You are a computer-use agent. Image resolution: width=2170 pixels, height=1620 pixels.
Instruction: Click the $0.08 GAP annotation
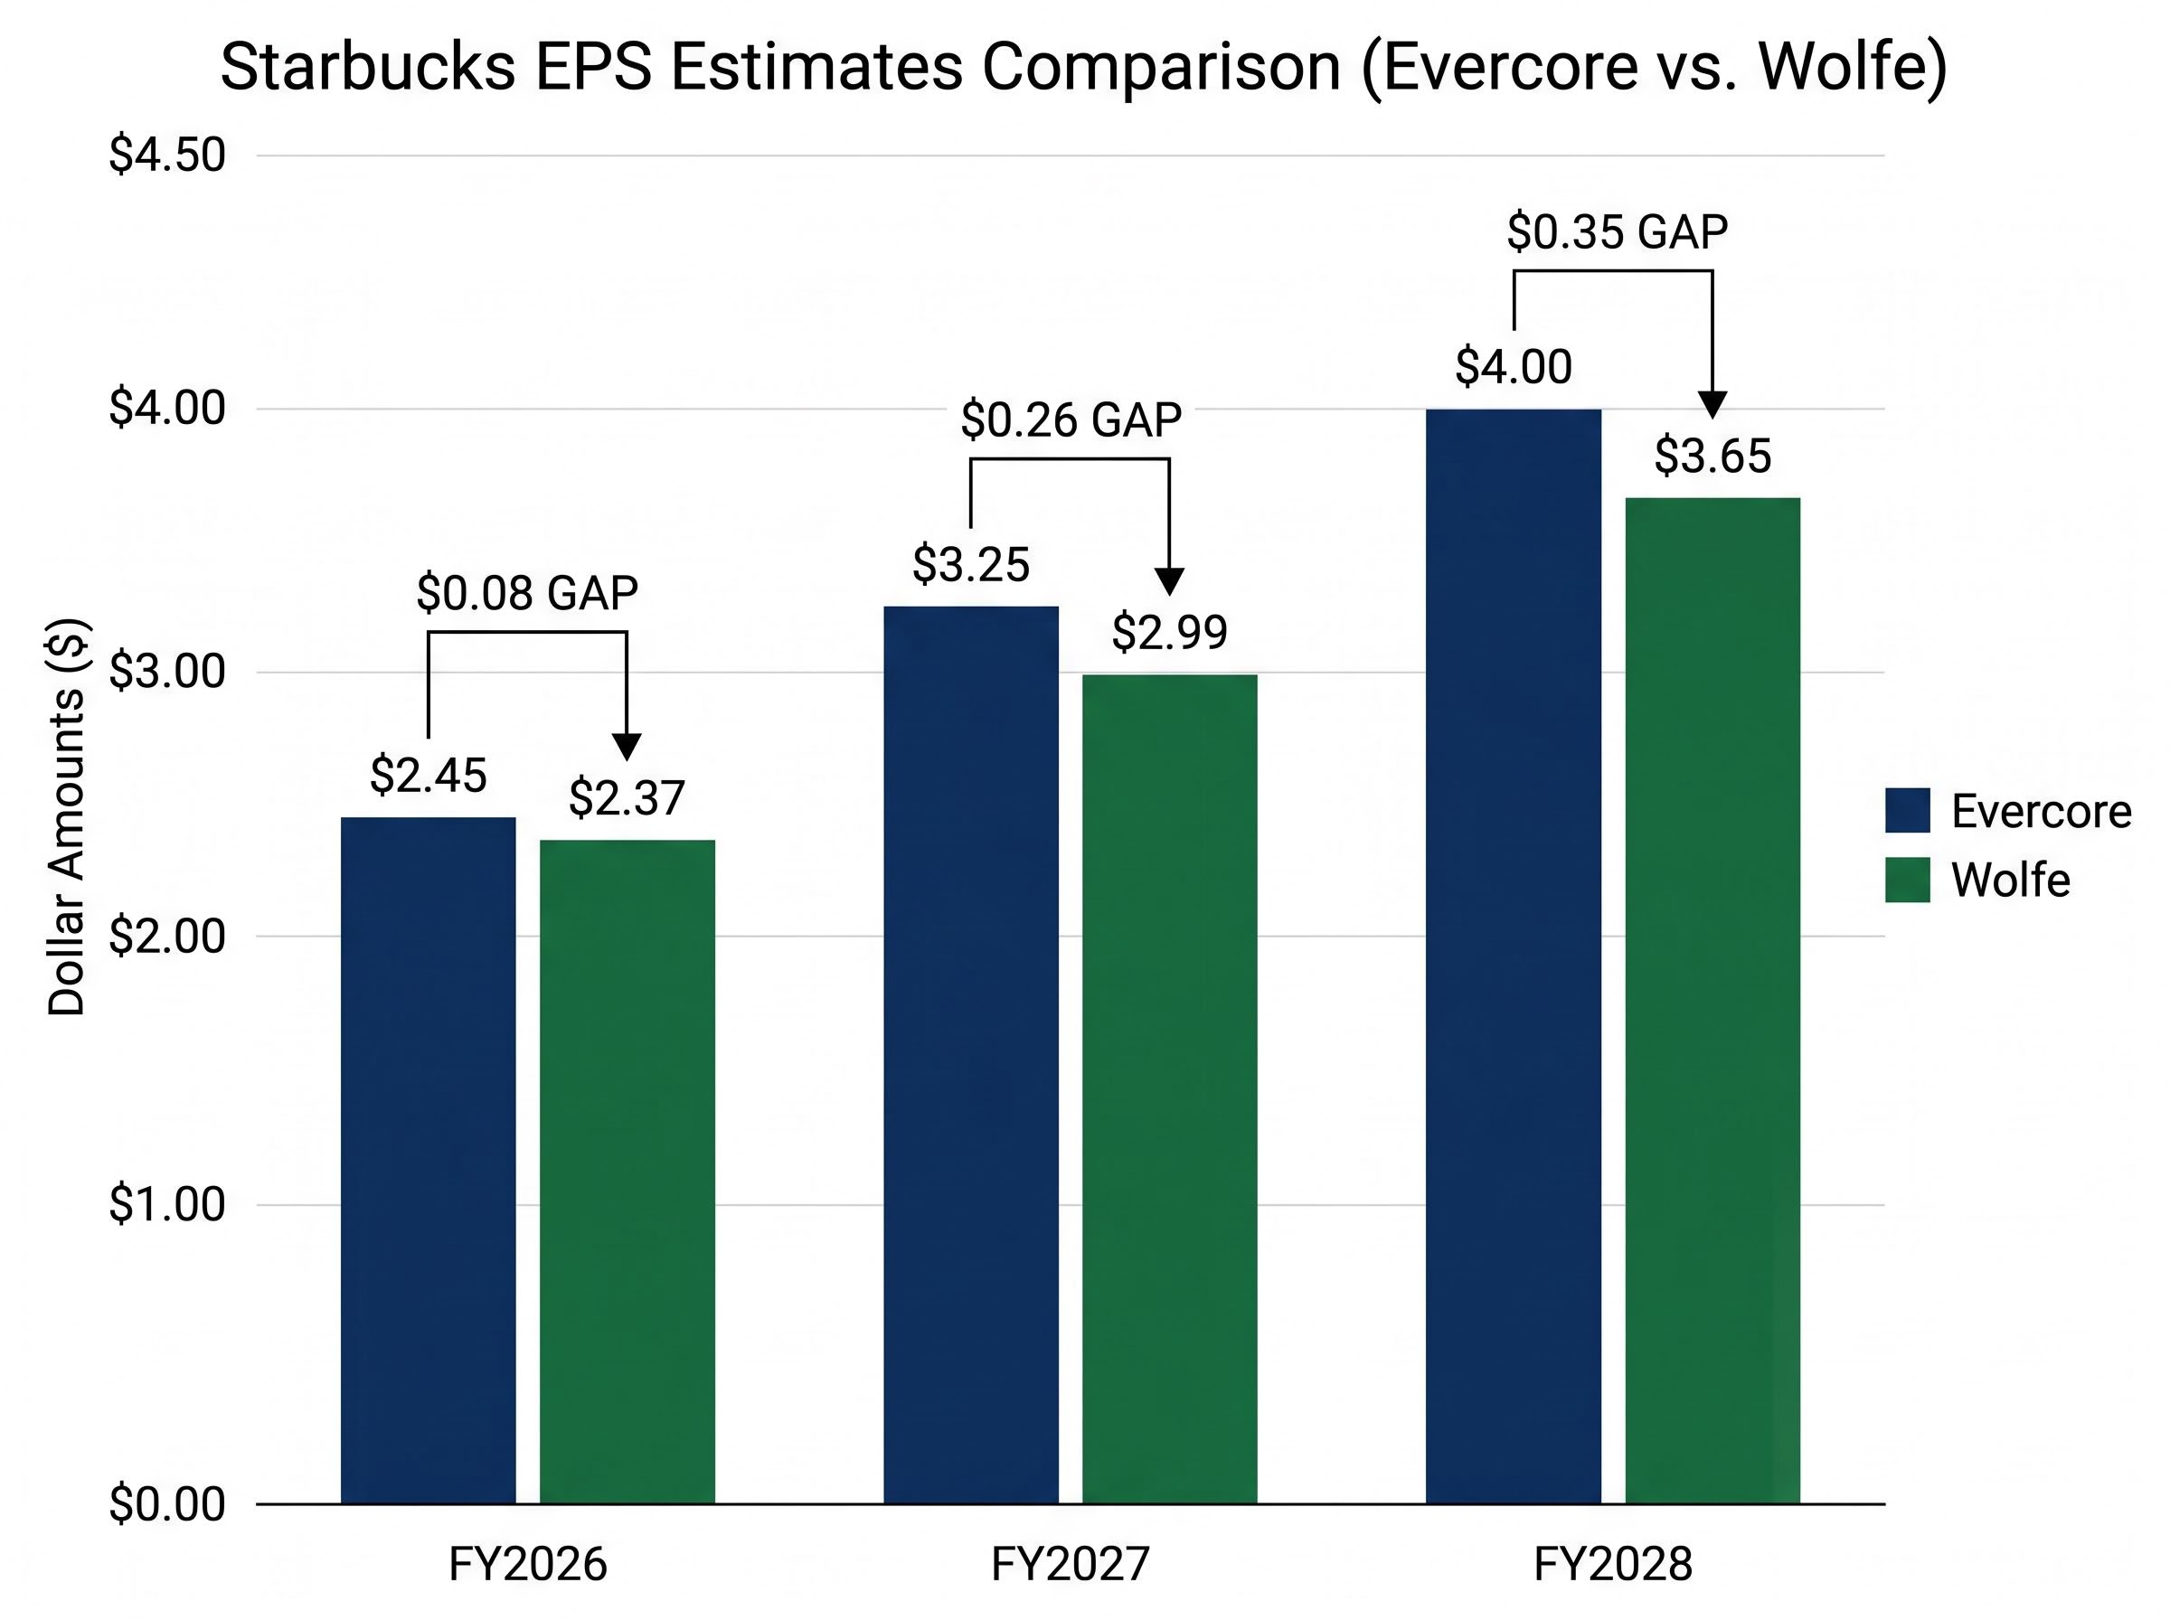pos(527,593)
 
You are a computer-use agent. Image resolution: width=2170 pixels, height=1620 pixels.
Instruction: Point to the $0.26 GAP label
pos(1071,420)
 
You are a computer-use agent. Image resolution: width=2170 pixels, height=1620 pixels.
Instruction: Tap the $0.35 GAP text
pos(1617,232)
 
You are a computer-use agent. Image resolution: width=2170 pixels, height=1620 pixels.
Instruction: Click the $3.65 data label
pos(1712,457)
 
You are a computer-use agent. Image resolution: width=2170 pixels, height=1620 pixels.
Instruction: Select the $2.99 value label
pos(1169,634)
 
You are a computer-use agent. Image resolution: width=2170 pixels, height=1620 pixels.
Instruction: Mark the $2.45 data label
pos(428,776)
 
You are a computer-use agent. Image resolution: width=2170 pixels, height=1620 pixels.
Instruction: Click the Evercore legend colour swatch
pos(1906,810)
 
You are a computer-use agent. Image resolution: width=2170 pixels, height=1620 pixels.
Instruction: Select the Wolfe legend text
pos(2010,880)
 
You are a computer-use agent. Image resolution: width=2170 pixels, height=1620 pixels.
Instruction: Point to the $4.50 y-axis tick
pos(166,155)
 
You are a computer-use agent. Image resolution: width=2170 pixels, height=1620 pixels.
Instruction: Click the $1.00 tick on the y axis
pos(166,1204)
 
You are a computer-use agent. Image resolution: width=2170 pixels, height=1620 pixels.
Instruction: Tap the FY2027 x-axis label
pos(1070,1563)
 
